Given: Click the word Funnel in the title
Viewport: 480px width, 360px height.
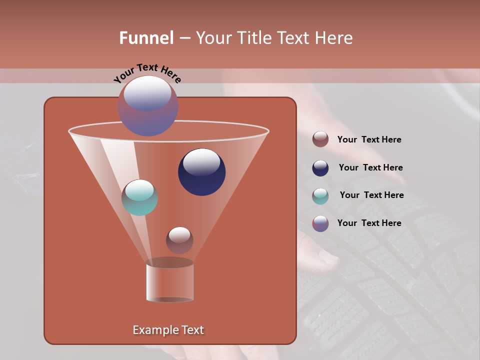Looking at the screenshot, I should [146, 38].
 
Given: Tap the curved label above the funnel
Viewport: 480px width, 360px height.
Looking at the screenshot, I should [147, 73].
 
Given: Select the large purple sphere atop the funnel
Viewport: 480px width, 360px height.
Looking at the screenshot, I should [147, 106].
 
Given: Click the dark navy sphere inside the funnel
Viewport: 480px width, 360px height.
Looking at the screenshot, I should [201, 171].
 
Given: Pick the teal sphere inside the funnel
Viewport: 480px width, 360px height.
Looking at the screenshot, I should [139, 197].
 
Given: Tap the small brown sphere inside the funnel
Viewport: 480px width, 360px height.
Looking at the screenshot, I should [179, 240].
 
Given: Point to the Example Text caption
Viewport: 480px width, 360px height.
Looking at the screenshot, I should [168, 330].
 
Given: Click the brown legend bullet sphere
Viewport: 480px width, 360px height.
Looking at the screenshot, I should [320, 139].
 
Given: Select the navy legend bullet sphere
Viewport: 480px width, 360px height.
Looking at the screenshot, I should [320, 168].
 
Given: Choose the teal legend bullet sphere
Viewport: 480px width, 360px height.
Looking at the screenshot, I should [320, 195].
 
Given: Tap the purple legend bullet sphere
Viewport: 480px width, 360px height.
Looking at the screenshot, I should [320, 223].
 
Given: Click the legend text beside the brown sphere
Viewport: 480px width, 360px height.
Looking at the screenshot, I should [369, 140].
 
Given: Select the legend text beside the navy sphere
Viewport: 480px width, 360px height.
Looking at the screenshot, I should [370, 167].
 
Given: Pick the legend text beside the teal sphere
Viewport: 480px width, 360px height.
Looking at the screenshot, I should [371, 195].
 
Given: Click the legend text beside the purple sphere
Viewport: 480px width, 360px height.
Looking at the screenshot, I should [369, 223].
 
